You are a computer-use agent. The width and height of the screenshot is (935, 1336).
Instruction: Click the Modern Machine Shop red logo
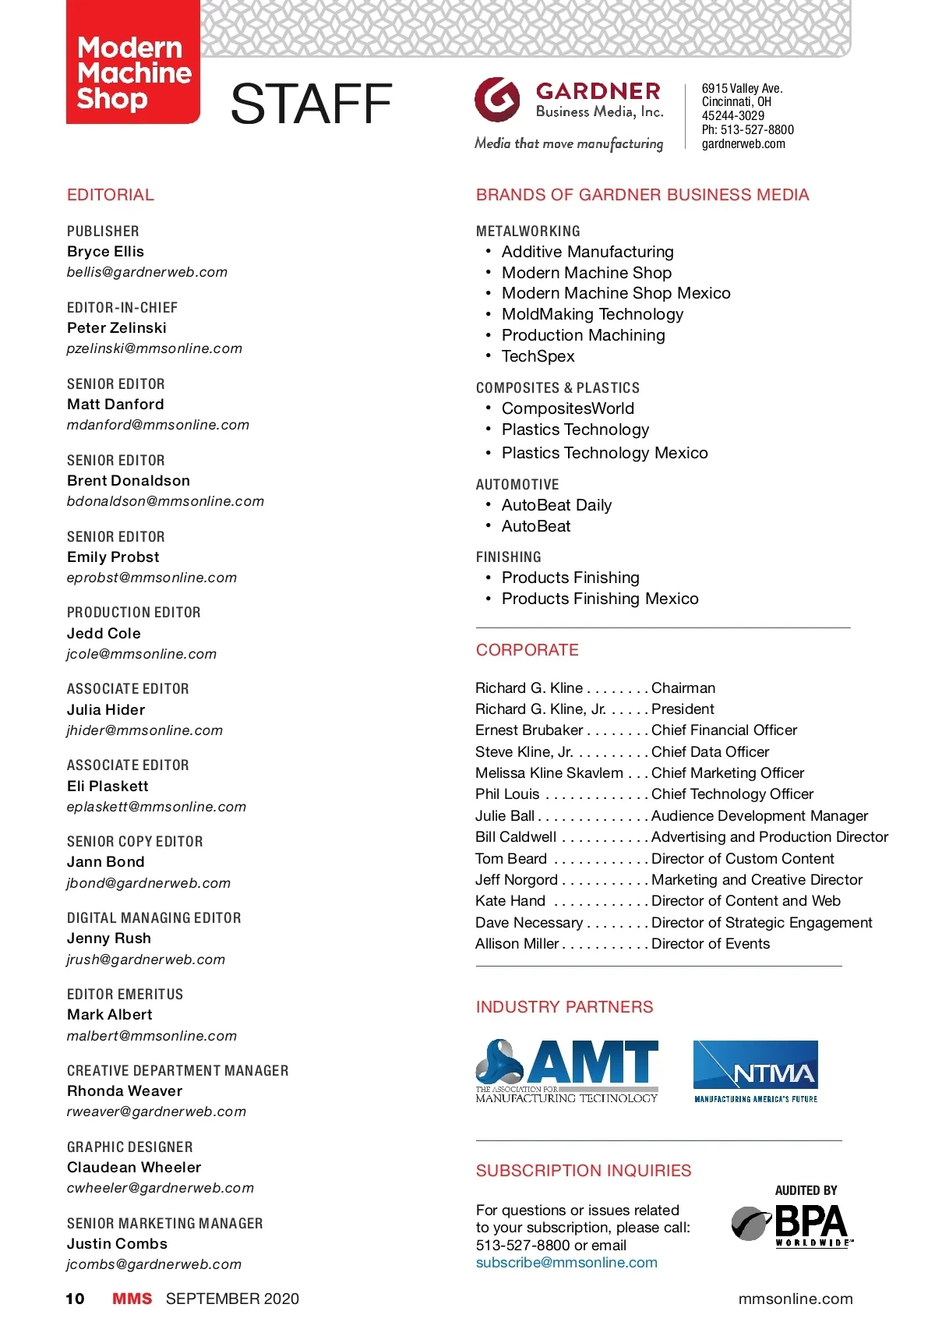click(x=133, y=62)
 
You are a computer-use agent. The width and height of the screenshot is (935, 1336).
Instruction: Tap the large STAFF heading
click(x=311, y=104)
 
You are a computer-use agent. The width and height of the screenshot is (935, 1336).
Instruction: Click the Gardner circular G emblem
click(x=497, y=99)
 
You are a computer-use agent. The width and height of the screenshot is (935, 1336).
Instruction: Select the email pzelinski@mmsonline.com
click(x=154, y=348)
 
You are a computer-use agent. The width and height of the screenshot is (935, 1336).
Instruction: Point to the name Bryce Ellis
click(x=105, y=252)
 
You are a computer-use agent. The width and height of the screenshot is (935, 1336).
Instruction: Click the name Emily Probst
click(x=113, y=557)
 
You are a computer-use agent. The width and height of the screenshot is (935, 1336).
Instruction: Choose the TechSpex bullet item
click(x=538, y=356)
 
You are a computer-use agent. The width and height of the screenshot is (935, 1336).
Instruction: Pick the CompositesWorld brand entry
click(x=567, y=408)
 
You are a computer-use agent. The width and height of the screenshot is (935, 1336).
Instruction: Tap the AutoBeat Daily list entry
click(x=556, y=505)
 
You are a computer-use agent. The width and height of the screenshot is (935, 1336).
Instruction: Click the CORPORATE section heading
click(x=527, y=650)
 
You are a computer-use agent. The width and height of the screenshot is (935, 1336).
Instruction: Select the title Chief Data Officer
click(x=710, y=752)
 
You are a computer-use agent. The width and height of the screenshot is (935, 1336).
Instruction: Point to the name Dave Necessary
click(x=529, y=923)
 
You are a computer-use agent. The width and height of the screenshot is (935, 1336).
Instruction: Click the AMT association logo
click(x=567, y=1071)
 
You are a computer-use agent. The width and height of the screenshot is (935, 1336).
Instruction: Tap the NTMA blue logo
click(x=755, y=1071)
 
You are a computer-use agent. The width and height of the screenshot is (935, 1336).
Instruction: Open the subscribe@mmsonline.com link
click(x=566, y=1263)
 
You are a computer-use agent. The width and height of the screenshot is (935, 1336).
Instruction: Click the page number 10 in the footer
click(x=75, y=1299)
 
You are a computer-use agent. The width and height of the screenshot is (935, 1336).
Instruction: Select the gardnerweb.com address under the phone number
click(x=743, y=144)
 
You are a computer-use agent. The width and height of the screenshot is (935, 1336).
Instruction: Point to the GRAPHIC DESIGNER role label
click(x=129, y=1147)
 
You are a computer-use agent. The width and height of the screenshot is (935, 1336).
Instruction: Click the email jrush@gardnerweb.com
click(x=146, y=960)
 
